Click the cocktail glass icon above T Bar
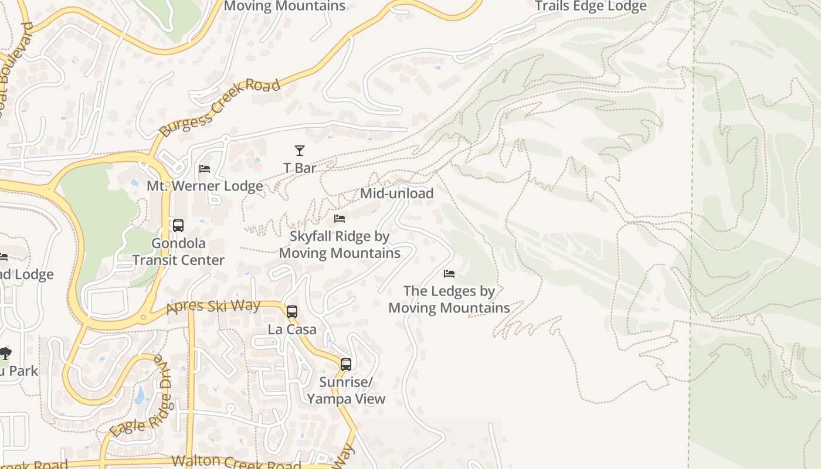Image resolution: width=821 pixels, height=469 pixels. (x=300, y=151)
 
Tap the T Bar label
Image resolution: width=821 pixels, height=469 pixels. (x=300, y=168)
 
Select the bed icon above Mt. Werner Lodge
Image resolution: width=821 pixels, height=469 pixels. (x=205, y=169)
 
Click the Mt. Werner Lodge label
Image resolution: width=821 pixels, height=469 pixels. (x=205, y=186)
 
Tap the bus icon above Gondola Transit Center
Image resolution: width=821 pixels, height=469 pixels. (x=178, y=226)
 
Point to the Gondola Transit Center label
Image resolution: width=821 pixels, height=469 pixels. (x=178, y=252)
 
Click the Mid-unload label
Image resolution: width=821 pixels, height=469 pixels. (x=396, y=193)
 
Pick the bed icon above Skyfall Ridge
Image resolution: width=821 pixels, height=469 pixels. (x=340, y=219)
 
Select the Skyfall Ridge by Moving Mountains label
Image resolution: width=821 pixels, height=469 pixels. (x=340, y=244)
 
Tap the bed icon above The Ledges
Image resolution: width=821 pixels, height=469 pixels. (x=449, y=274)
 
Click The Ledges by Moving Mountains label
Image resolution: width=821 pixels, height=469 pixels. (x=449, y=300)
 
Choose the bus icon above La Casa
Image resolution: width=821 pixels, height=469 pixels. (x=292, y=312)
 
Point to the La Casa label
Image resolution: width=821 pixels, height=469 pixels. (x=292, y=329)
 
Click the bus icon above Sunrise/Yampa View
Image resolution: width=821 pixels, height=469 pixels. (x=346, y=365)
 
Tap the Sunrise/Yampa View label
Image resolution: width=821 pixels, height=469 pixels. (x=346, y=390)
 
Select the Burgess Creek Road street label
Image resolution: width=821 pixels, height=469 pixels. (x=219, y=107)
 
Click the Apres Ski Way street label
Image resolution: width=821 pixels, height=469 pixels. (x=213, y=307)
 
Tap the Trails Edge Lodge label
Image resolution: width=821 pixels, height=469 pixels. (x=591, y=6)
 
